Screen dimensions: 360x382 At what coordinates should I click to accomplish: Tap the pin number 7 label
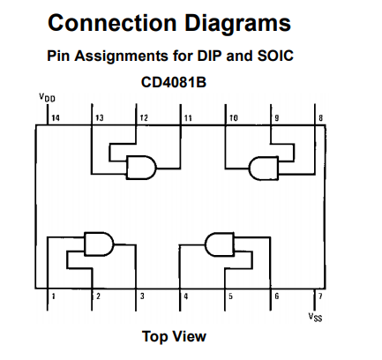pyautogui.click(x=320, y=296)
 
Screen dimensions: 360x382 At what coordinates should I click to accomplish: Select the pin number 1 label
pyautogui.click(x=53, y=296)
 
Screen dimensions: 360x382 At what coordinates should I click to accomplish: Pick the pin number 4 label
pyautogui.click(x=186, y=296)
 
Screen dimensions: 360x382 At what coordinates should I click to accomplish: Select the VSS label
pyautogui.click(x=315, y=316)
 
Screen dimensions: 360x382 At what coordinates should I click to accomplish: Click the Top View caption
pyautogui.click(x=174, y=336)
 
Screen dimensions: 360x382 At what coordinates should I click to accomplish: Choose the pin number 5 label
pyautogui.click(x=230, y=296)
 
